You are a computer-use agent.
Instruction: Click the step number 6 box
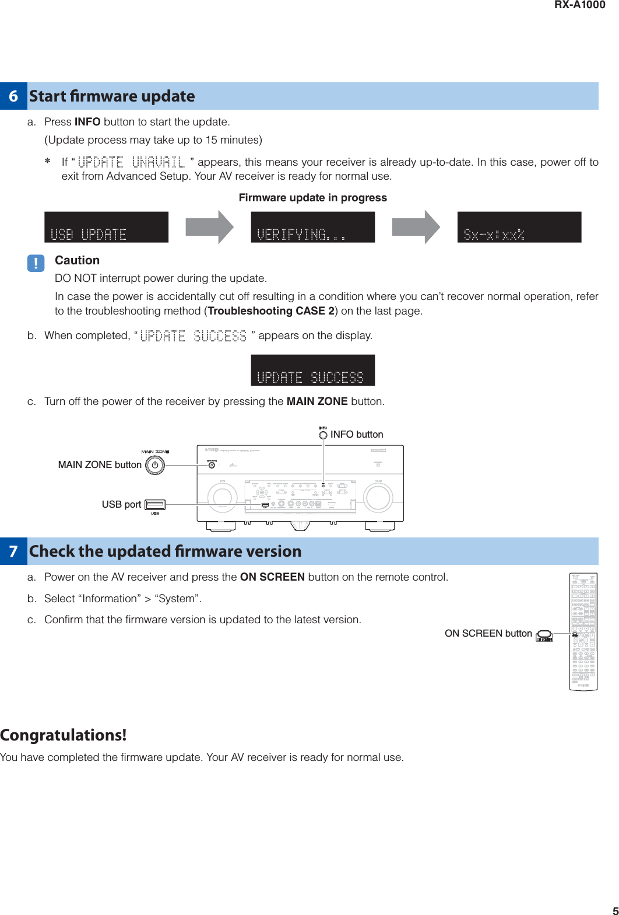pyautogui.click(x=13, y=96)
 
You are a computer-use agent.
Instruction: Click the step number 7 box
pyautogui.click(x=13, y=551)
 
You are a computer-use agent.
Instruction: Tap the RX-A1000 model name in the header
pyautogui.click(x=579, y=5)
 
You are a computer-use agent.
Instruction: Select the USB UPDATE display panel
pyautogui.click(x=106, y=227)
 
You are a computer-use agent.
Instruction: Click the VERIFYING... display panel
pyautogui.click(x=312, y=227)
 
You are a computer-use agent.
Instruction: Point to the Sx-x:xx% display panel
pyautogui.click(x=519, y=227)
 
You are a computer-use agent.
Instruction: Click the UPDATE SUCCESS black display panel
pyautogui.click(x=312, y=370)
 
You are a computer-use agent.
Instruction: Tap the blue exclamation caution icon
pyautogui.click(x=36, y=263)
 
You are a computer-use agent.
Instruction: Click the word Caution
pyautogui.click(x=77, y=260)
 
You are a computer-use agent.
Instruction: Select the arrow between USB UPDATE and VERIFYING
pyautogui.click(x=209, y=227)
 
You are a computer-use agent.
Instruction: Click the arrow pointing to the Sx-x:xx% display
pyautogui.click(x=416, y=227)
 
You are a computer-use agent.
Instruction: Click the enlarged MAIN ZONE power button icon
pyautogui.click(x=155, y=465)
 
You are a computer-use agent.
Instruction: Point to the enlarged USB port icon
pyautogui.click(x=155, y=505)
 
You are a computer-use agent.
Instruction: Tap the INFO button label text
pyautogui.click(x=356, y=434)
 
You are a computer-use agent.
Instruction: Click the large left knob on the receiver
pyautogui.click(x=222, y=497)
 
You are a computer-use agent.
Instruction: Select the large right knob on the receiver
pyautogui.click(x=378, y=497)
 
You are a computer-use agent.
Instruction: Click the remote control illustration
pyautogui.click(x=583, y=631)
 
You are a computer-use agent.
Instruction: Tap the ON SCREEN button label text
pyautogui.click(x=488, y=634)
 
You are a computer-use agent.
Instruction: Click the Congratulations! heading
pyautogui.click(x=63, y=735)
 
